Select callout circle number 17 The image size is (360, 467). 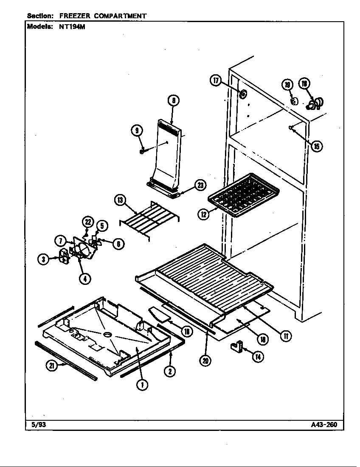216,80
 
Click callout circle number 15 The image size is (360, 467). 317,146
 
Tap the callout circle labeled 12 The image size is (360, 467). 203,214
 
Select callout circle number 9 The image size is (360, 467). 137,131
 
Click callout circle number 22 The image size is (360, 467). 88,222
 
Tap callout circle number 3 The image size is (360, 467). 43,260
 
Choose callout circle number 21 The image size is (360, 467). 52,366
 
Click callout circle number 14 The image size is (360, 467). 258,357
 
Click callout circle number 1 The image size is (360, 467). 142,385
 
